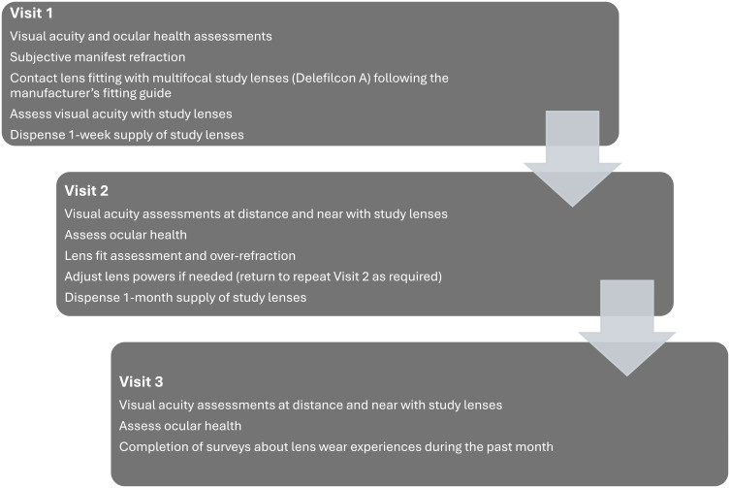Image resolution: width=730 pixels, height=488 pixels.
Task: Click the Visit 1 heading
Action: [32, 16]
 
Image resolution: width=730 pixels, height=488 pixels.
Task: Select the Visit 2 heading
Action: [87, 190]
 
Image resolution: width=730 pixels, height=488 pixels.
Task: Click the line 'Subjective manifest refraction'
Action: [98, 56]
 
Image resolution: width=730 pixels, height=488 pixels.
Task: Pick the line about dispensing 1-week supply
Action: [127, 134]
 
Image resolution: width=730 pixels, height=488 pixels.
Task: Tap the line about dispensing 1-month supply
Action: [185, 297]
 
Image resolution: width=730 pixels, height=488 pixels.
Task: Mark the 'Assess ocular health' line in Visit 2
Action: [124, 234]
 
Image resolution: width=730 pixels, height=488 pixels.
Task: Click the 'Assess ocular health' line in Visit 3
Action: [179, 425]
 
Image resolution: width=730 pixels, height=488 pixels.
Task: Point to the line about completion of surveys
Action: [335, 446]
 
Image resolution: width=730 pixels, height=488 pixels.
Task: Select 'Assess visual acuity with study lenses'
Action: [123, 114]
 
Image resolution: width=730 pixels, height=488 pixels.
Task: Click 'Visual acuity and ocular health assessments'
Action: [142, 36]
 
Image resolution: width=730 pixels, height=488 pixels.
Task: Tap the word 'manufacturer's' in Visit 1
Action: [54, 94]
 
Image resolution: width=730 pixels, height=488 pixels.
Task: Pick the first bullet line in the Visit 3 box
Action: [310, 404]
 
